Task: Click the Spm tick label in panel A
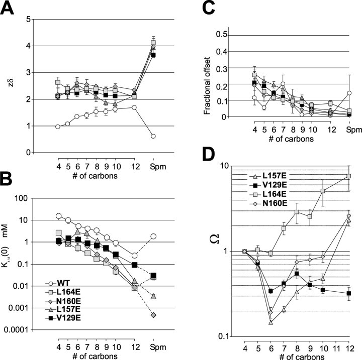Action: tap(153, 162)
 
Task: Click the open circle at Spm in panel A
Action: tap(153, 136)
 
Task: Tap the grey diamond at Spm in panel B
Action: tap(153, 315)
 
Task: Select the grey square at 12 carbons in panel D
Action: tap(348, 176)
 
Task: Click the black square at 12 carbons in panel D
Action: tap(348, 293)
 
